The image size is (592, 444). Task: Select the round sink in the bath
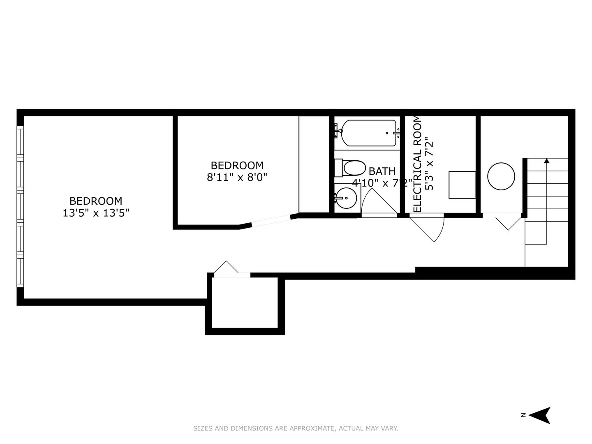point(346,198)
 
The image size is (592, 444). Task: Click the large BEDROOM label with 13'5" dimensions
point(96,201)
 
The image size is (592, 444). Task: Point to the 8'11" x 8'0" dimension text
point(237,178)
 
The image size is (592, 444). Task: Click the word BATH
point(382,171)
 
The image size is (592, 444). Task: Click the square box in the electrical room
point(462,185)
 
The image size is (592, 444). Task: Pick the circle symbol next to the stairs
point(501,176)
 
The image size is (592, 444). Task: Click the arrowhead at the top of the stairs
point(546,161)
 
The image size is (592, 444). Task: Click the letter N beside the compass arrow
point(523,415)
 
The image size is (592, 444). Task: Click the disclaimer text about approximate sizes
point(296,428)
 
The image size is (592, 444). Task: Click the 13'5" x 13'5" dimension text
point(96,213)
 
